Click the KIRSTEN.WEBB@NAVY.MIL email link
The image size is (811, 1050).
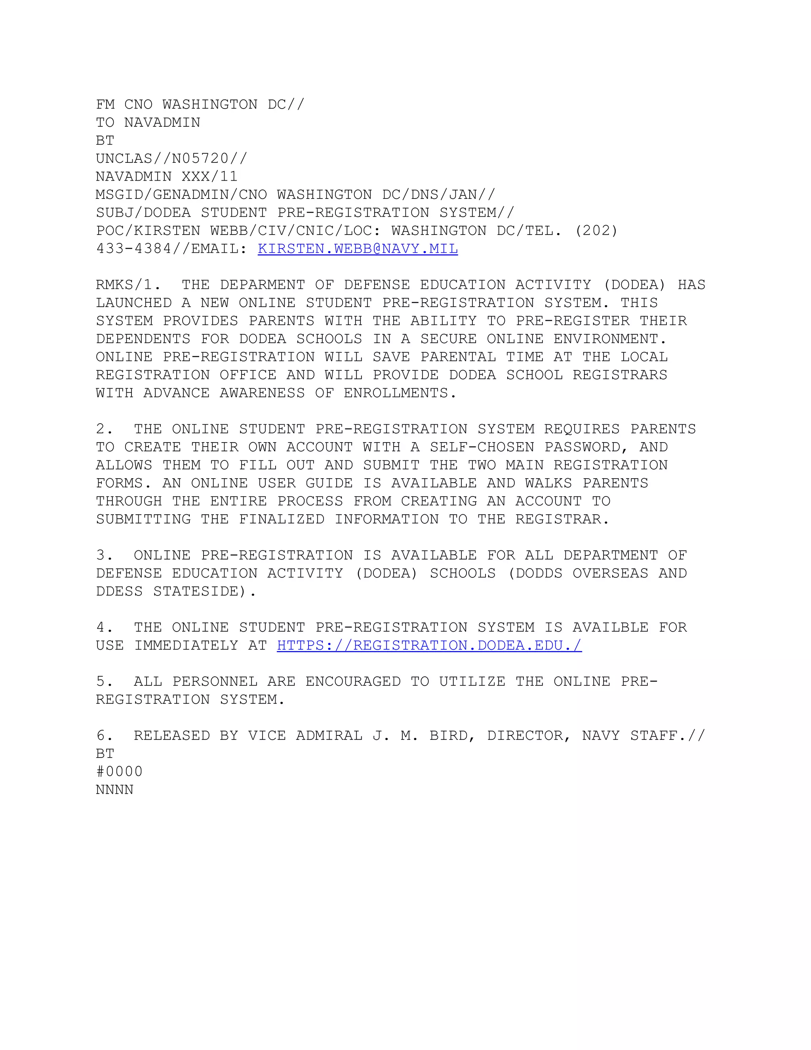click(x=358, y=248)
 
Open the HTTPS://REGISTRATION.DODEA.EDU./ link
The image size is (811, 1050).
click(x=429, y=645)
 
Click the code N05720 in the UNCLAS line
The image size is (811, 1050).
click(x=200, y=158)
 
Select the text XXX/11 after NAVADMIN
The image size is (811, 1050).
click(x=209, y=176)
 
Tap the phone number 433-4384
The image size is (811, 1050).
click(x=133, y=248)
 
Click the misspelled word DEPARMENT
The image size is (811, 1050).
click(x=262, y=284)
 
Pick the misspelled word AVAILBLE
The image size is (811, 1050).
click(x=610, y=627)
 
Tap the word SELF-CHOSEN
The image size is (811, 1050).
click(x=482, y=447)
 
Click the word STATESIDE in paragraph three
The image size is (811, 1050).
click(x=196, y=591)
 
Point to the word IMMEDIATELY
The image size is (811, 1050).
click(x=186, y=645)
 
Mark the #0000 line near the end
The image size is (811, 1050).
click(x=119, y=771)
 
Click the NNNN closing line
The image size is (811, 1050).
click(x=114, y=790)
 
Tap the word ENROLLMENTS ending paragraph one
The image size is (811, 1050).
click(x=396, y=393)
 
